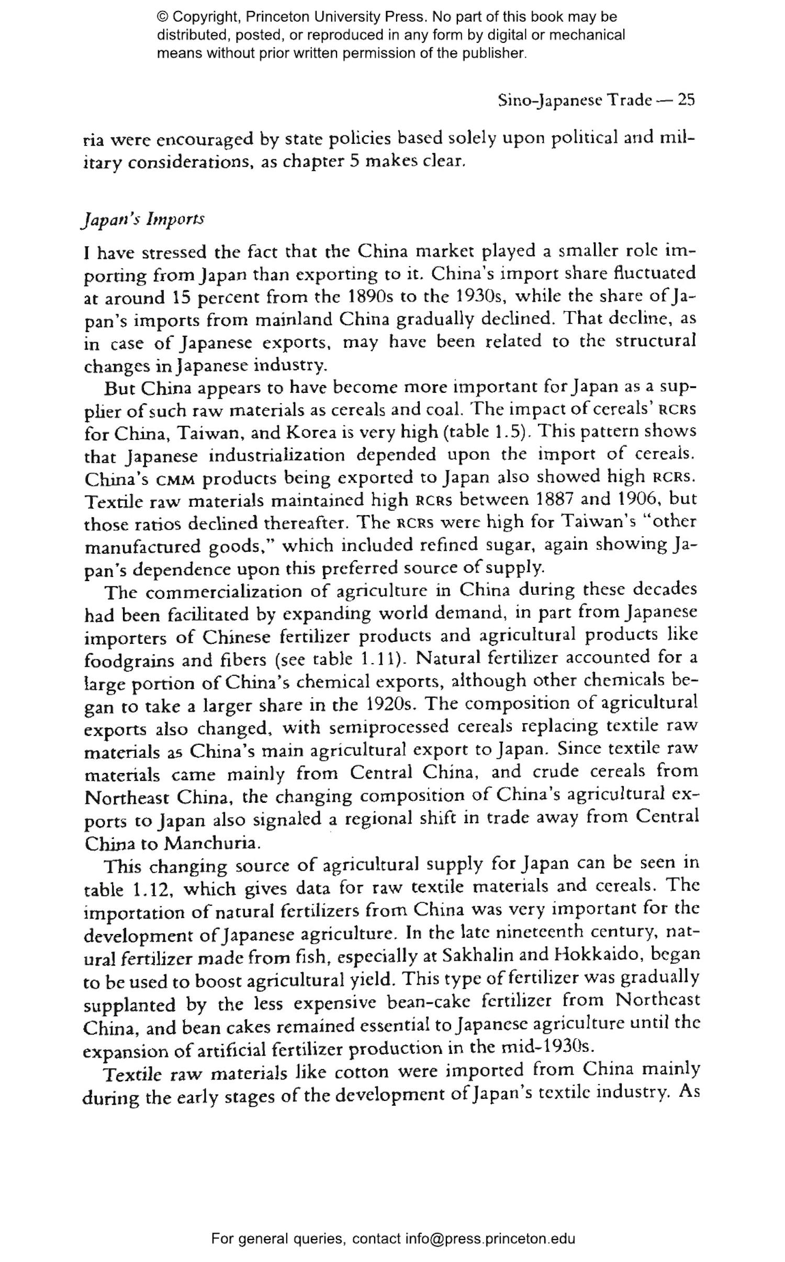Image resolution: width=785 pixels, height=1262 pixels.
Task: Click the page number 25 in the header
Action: coord(686,99)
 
